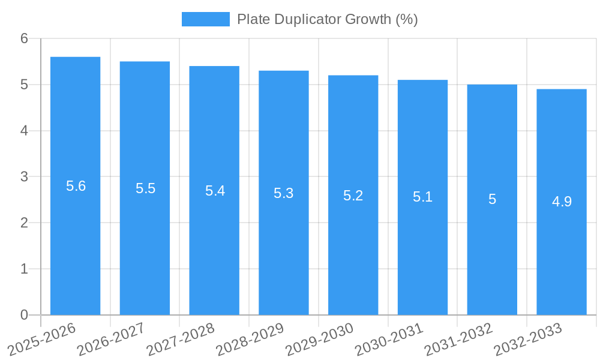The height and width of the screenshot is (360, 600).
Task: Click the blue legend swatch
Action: point(205,19)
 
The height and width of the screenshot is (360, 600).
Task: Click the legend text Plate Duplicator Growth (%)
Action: point(327,19)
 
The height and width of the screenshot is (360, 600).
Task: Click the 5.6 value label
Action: point(76,186)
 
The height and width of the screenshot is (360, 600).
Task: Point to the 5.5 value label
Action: point(145,188)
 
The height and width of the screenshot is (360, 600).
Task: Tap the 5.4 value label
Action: point(215,191)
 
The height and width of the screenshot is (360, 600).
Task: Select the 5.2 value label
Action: point(353,196)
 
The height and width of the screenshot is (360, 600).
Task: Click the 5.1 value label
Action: point(423,197)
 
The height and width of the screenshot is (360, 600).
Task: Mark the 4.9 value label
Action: point(562,202)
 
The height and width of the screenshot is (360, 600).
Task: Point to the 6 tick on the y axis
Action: point(24,39)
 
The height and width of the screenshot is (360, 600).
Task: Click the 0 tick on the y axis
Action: point(24,315)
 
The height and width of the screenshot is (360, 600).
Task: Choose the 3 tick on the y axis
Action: point(24,177)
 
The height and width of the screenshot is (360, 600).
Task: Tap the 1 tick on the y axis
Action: point(24,269)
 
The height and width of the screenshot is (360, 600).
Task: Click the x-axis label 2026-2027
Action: point(112,339)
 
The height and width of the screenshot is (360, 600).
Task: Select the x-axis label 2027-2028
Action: point(181,339)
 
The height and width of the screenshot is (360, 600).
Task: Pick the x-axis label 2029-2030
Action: point(320,339)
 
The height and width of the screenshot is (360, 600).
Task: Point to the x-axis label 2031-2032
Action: point(459,339)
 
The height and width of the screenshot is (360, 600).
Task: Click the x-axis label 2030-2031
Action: point(389,339)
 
